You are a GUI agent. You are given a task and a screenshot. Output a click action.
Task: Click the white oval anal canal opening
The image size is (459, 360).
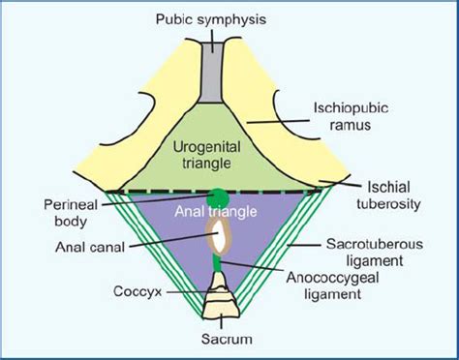pyautogui.click(x=220, y=233)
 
